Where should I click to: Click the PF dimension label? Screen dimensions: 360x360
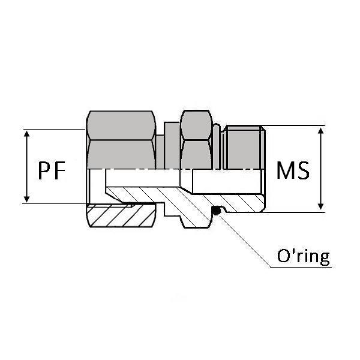click(x=52, y=171)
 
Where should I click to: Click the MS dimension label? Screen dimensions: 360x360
click(x=293, y=171)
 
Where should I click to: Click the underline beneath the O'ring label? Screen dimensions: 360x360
click(x=300, y=267)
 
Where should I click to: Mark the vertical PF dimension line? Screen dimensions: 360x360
click(x=26, y=166)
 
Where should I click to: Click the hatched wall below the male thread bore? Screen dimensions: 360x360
click(x=234, y=203)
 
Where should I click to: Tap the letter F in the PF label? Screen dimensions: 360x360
click(x=59, y=171)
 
